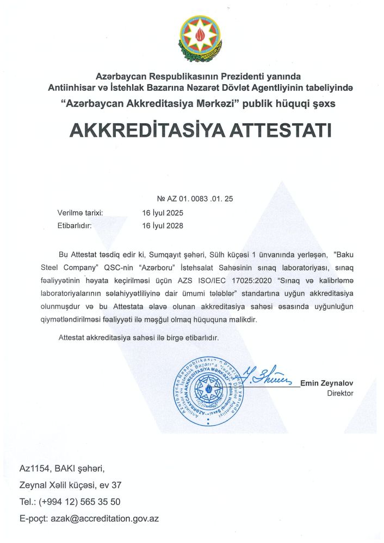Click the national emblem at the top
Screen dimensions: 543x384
(200, 39)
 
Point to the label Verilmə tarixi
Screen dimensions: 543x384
(80, 212)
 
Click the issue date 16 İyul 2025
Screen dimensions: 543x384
(163, 212)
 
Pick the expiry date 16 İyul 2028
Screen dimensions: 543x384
(163, 225)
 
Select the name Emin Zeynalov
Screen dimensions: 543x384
(326, 383)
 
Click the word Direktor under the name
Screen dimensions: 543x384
(340, 393)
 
